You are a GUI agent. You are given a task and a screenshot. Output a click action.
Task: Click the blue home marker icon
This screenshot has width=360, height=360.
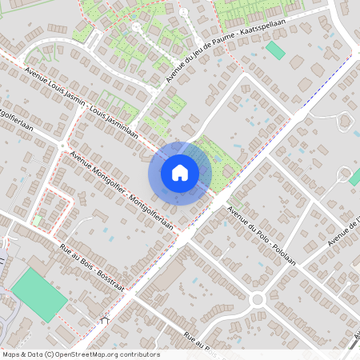coord(179,173)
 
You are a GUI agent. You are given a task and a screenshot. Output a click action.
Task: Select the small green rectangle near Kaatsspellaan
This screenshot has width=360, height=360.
coord(275,50)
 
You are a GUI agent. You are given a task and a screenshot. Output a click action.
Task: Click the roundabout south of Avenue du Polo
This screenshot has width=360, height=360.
coord(258,300)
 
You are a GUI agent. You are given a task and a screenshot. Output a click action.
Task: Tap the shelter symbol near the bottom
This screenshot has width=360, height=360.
coord(105,321)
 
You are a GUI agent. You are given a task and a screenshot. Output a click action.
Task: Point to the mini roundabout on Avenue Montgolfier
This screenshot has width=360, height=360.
coord(62,144)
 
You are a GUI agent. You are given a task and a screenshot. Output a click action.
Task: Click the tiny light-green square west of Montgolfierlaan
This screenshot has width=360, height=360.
coord(38,220)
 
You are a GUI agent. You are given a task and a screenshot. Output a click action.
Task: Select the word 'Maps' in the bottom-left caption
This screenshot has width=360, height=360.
coord(11,354)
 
